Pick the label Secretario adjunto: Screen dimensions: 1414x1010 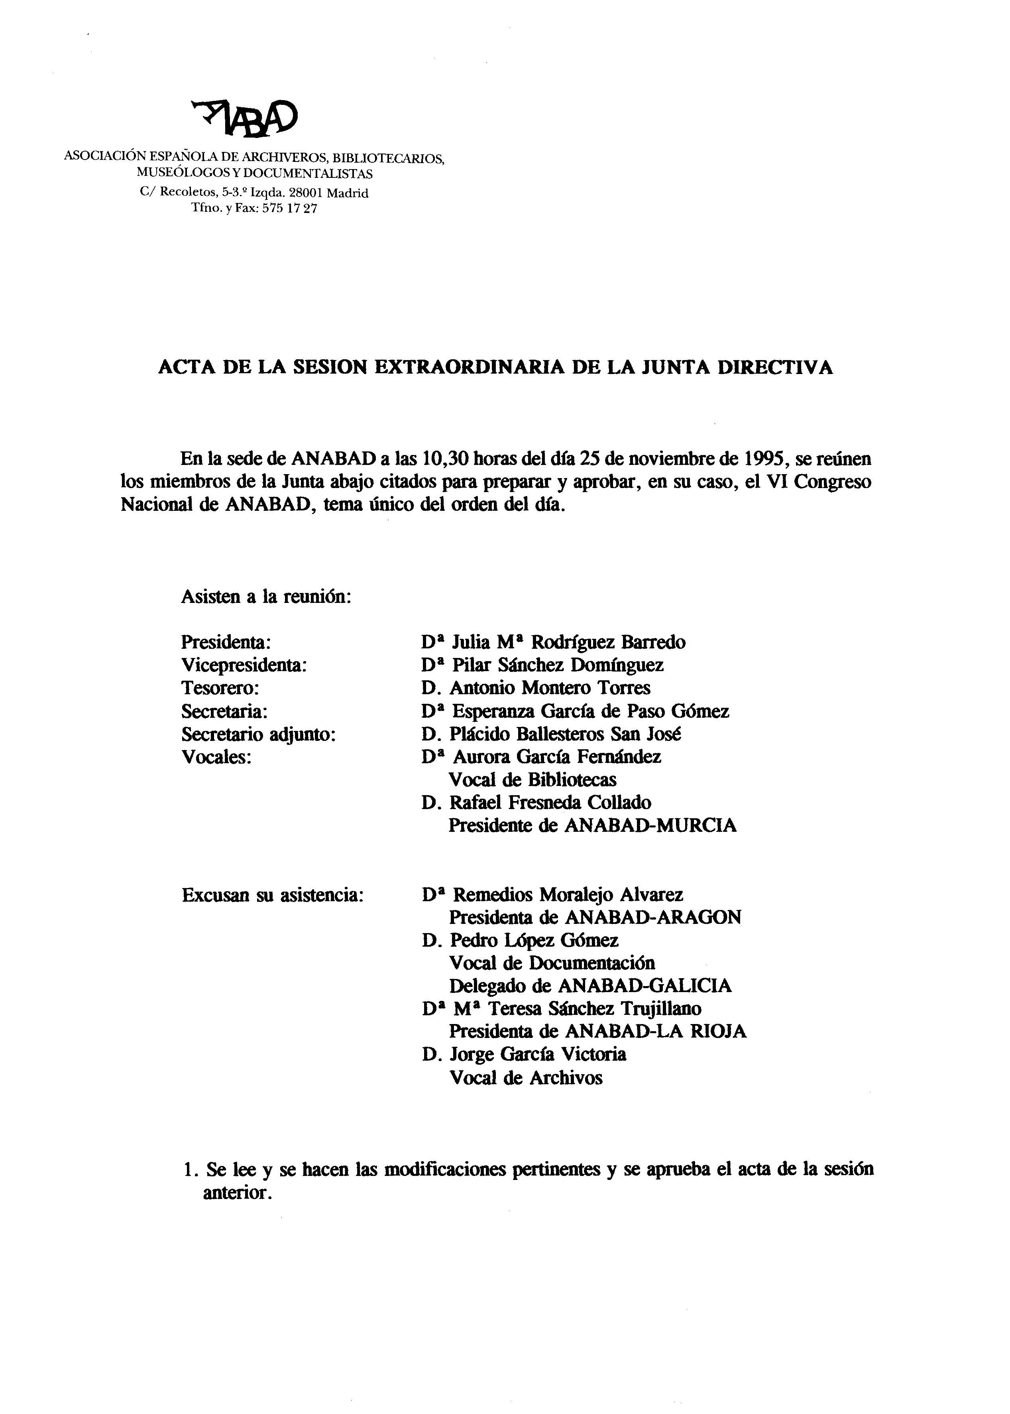click(259, 734)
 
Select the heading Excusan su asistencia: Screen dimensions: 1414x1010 click(272, 895)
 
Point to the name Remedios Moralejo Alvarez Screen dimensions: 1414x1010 click(567, 895)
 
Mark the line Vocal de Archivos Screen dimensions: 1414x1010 click(525, 1078)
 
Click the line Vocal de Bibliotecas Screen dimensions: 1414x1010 click(533, 780)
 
